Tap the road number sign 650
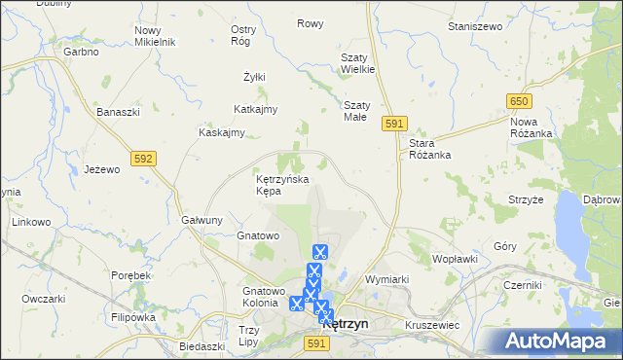point(519,101)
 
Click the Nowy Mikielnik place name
point(154,36)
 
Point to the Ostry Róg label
point(243,36)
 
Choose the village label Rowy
point(311,23)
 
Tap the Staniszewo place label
point(474,26)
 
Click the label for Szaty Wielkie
point(357,63)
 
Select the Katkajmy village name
point(256,109)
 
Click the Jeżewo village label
point(101,168)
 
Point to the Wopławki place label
point(455,260)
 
